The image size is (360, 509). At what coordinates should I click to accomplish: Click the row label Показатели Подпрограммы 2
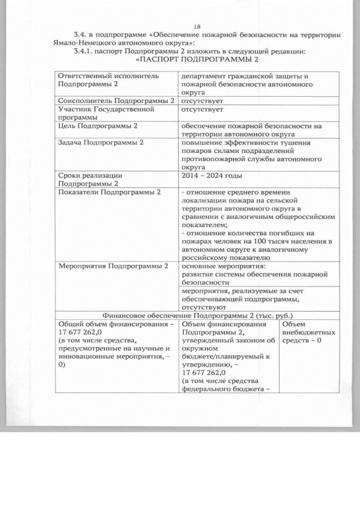[x=110, y=192]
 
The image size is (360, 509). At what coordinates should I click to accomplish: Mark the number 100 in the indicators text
[x=263, y=241]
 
